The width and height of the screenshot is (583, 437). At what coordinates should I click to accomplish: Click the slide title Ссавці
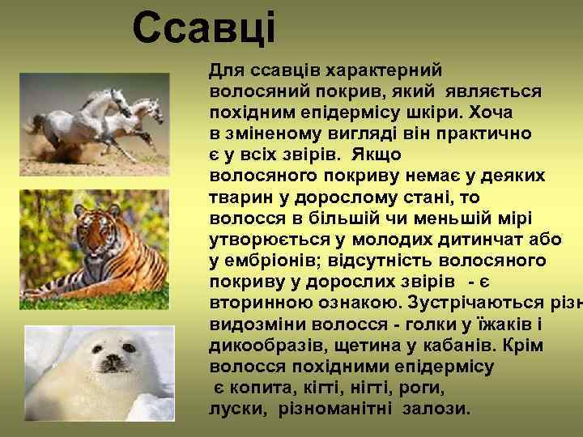tap(204, 28)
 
